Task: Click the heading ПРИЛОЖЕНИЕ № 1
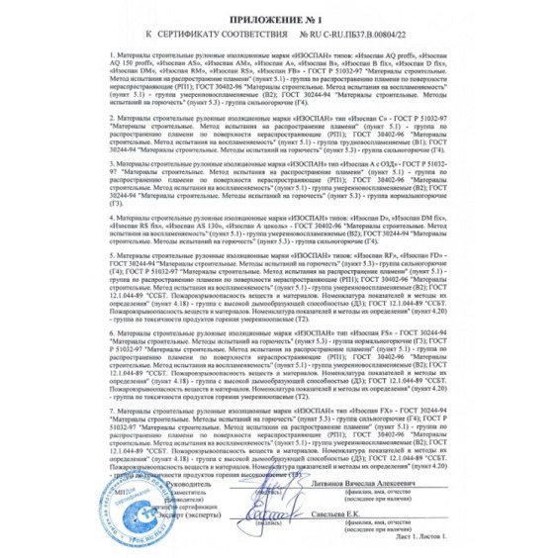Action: tap(278, 19)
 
